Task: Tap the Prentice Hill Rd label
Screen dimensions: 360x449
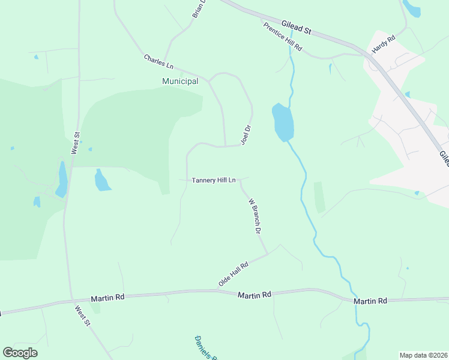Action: point(282,37)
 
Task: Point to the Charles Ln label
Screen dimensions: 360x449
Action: point(158,61)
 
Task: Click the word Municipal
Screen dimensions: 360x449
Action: point(180,81)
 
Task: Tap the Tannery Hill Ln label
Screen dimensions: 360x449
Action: point(214,180)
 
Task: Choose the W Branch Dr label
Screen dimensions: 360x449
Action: point(255,215)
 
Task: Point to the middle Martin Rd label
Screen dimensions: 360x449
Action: point(255,295)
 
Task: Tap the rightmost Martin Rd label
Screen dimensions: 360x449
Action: point(370,301)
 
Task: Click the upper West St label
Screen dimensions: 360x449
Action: point(75,143)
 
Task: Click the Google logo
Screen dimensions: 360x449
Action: point(20,353)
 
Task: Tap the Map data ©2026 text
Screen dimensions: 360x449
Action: point(423,355)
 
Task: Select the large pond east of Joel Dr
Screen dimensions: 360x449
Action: point(283,122)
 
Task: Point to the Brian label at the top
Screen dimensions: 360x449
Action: point(199,8)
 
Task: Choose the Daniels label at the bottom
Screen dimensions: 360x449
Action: point(205,347)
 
